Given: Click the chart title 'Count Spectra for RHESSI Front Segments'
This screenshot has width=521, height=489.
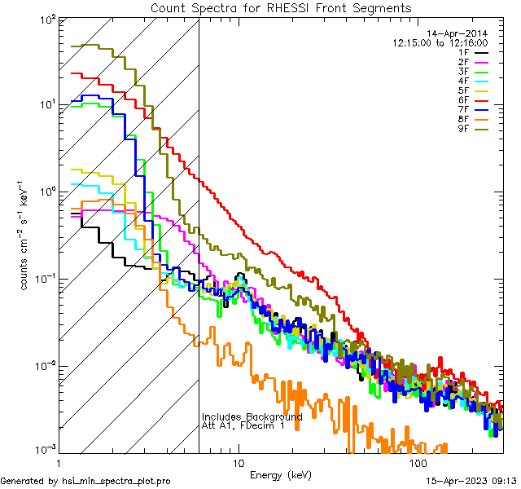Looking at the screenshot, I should (x=281, y=8).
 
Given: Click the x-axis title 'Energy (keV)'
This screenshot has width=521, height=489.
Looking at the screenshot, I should (x=280, y=474).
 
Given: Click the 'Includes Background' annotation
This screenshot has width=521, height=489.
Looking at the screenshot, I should (x=252, y=416).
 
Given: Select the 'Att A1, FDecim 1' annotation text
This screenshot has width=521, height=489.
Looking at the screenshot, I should (x=243, y=426).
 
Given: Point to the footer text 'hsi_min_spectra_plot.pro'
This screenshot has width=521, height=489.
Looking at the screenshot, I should (x=116, y=481).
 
